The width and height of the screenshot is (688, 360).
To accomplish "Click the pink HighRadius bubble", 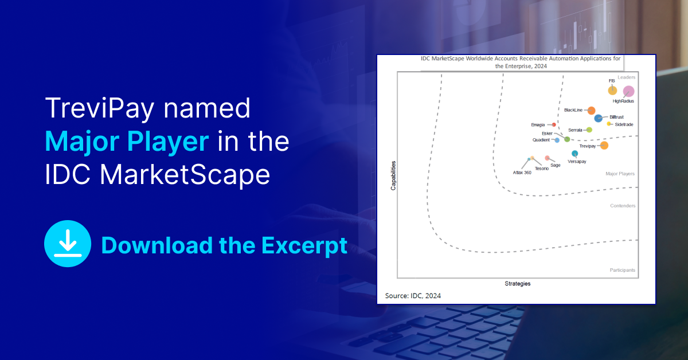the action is (x=628, y=91).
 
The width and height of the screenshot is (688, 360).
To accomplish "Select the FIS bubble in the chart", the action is (x=612, y=91).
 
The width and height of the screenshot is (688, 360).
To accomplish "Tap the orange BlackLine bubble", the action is (x=591, y=111).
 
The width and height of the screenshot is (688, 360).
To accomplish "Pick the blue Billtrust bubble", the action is (x=598, y=118).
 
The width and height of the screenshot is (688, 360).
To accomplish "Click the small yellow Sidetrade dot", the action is (x=609, y=124).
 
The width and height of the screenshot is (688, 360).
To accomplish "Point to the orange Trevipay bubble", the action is (x=604, y=146).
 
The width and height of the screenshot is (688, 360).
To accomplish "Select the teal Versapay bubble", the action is (x=574, y=153).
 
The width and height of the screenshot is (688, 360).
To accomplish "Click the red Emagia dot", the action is (x=554, y=125).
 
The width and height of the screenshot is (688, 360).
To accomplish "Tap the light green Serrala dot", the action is (x=589, y=130).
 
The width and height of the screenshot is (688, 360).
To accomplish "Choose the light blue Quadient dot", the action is (x=557, y=140).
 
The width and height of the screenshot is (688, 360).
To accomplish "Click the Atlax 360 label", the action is (x=522, y=173).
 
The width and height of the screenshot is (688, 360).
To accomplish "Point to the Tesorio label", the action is (x=541, y=169).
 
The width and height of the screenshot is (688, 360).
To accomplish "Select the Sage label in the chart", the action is (x=556, y=165).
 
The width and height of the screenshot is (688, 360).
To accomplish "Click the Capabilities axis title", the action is (x=393, y=175).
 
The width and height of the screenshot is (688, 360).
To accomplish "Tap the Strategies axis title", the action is (x=518, y=284).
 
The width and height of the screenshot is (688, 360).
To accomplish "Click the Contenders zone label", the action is (x=623, y=206).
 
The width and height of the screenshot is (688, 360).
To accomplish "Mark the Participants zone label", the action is (x=622, y=270).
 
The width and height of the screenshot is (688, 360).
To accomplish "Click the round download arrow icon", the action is (x=68, y=244).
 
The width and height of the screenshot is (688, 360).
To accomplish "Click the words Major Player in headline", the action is (x=127, y=142).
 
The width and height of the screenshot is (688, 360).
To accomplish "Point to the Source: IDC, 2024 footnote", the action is (x=413, y=296).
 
